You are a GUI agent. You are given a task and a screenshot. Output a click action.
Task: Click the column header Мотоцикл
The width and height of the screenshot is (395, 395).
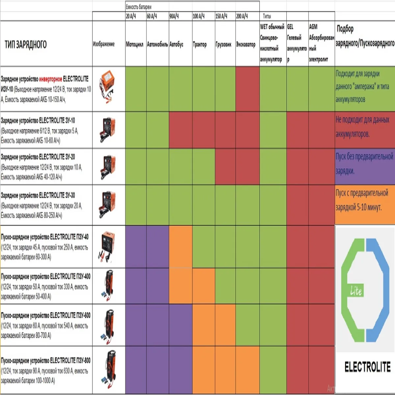pos(135,44)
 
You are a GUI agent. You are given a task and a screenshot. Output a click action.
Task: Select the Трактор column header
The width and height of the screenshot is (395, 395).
pos(200,44)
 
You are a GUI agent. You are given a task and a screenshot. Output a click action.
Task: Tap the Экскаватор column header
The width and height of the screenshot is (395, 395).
pos(246,44)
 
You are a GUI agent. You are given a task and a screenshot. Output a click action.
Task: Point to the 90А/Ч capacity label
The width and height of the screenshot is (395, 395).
pos(174,16)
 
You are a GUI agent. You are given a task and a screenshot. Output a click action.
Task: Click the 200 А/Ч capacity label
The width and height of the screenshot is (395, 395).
pos(242,16)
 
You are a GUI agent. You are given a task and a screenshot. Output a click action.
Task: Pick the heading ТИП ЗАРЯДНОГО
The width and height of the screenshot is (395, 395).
pos(26,44)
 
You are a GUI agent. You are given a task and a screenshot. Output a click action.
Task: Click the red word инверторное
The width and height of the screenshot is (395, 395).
pos(50,79)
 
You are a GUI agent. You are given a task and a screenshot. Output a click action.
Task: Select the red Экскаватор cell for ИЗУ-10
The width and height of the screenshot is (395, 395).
pos(248,89)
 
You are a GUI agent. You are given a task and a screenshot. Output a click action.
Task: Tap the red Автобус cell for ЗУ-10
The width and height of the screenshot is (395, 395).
pos(180,130)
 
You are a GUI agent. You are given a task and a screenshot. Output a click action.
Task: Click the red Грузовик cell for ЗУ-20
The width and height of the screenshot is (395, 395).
pos(225,166)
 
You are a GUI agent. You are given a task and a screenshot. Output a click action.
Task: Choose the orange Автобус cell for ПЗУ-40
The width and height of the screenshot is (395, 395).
pos(180,247)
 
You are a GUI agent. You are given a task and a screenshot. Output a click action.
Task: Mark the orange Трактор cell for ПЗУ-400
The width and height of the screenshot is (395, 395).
pos(203,286)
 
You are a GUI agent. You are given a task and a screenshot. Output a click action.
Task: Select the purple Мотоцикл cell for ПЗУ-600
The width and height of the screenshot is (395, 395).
pos(136,325)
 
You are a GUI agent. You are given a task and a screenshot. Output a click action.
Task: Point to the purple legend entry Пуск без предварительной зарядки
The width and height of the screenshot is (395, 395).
pos(364,164)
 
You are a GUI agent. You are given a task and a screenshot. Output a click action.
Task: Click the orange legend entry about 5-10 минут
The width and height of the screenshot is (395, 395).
pos(362,200)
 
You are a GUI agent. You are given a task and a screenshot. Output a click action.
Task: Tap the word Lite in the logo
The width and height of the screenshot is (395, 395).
pos(356,291)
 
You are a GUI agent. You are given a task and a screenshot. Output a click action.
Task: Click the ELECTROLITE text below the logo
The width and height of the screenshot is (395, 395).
pos(367,367)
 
